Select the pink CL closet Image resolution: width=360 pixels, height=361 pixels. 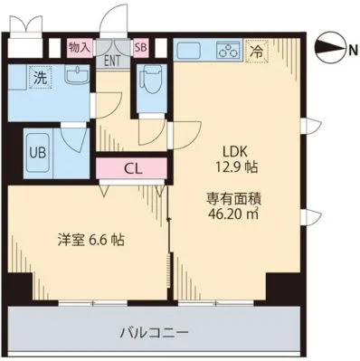pyautogui.click(x=132, y=169)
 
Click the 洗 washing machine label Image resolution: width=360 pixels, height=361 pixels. pyautogui.click(x=40, y=78)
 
